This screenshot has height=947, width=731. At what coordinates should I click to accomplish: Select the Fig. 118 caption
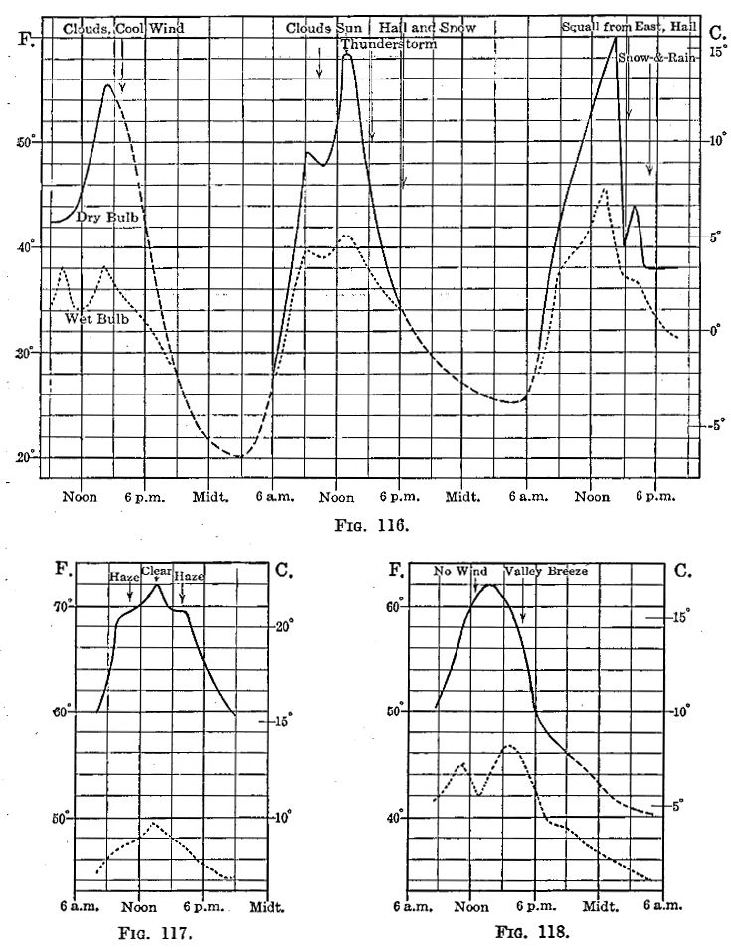(533, 933)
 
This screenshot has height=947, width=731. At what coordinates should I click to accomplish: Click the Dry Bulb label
(106, 216)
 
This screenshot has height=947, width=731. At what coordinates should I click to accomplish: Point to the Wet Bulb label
(96, 319)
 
